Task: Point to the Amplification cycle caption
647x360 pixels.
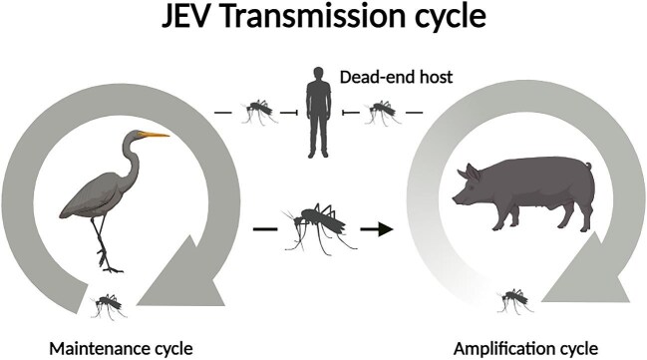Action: tap(525, 347)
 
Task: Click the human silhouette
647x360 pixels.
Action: tap(318, 116)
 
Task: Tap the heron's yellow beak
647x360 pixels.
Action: tap(156, 135)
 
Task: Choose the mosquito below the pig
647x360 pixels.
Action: tap(514, 298)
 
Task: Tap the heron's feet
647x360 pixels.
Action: tap(110, 264)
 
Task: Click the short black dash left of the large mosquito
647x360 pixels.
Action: tap(263, 229)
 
